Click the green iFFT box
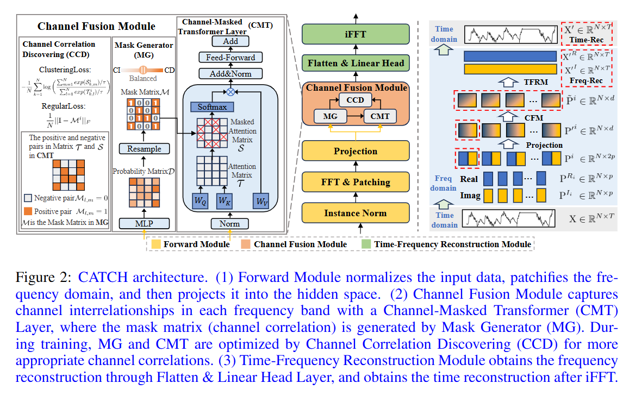(x=356, y=34)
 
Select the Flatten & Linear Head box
(x=356, y=63)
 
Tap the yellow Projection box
(x=356, y=151)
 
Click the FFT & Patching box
(x=356, y=181)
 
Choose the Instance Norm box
(x=356, y=212)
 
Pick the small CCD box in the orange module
(x=356, y=100)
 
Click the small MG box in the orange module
(x=327, y=116)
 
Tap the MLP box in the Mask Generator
(x=145, y=223)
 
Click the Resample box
(x=145, y=148)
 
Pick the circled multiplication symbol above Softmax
(x=231, y=91)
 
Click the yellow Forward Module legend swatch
(x=157, y=244)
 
